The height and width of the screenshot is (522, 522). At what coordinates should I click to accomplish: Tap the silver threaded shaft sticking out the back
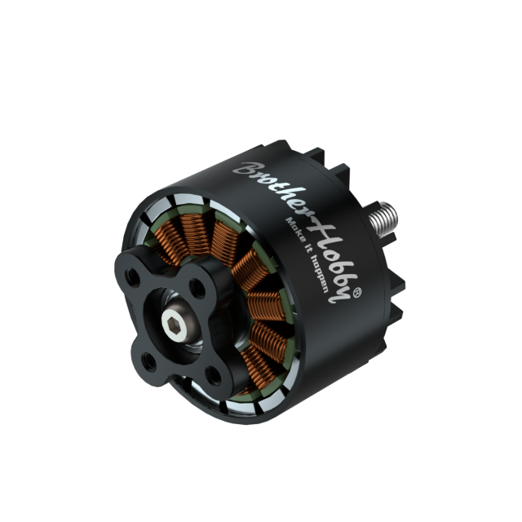coord(383,217)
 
